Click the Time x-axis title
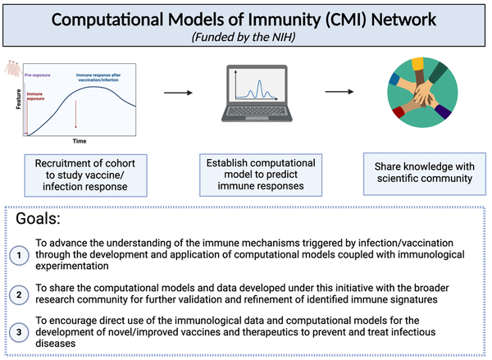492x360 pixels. click(x=78, y=142)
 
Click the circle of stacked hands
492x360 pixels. click(x=421, y=93)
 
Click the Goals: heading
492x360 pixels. click(x=40, y=221)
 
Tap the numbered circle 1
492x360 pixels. click(x=20, y=255)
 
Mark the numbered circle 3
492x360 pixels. click(x=20, y=332)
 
